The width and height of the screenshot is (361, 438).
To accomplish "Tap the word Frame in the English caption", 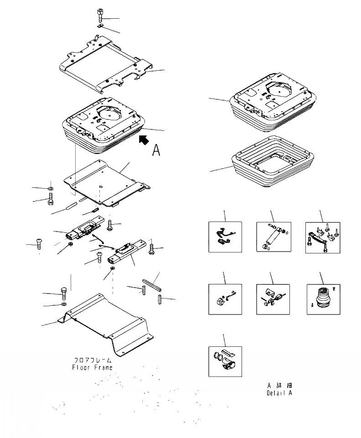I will coord(103,367).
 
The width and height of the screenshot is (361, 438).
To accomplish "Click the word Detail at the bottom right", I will coord(276,392).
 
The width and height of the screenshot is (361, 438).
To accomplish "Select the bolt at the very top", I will coord(100,16).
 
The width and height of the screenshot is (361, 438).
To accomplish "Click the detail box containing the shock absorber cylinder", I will coord(273,237).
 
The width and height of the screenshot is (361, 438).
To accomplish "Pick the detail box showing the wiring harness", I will coord(225,237).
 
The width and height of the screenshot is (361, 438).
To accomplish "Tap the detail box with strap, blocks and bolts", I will coord(322,237).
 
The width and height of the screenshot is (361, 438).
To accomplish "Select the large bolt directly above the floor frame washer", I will coord(64,290).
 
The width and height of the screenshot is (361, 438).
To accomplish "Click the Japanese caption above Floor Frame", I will coord(93,360).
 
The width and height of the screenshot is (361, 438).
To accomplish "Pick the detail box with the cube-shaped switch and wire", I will coord(225,299).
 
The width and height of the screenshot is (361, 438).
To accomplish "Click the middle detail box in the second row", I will coord(273,299).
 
